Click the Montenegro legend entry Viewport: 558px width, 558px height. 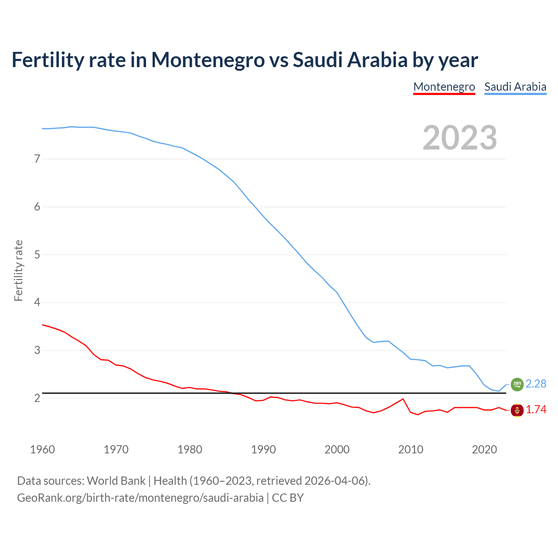[x=444, y=87]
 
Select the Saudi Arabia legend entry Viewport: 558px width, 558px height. [x=515, y=87]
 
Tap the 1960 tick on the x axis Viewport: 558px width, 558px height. [x=42, y=449]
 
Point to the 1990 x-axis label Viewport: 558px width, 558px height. [x=263, y=449]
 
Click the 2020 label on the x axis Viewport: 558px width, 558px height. [x=484, y=449]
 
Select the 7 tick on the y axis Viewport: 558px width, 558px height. [x=37, y=159]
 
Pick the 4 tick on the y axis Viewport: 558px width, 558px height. [x=37, y=302]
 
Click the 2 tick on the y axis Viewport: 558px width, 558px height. [x=37, y=398]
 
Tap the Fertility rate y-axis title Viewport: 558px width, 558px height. [x=18, y=270]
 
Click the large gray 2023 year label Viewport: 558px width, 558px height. [x=459, y=138]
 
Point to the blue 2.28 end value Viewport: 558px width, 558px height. [x=536, y=384]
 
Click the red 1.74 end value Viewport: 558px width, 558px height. [x=536, y=410]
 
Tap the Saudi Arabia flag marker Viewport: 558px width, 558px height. [x=517, y=384]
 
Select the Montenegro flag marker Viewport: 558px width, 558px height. [x=517, y=410]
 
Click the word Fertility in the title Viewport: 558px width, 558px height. [x=48, y=60]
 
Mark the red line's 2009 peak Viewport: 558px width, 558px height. [x=403, y=399]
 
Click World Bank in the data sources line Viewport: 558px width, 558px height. [x=116, y=481]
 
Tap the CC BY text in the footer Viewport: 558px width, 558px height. [x=288, y=498]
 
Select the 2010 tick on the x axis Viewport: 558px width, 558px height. [x=411, y=449]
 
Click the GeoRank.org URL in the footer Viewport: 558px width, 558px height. [x=140, y=498]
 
